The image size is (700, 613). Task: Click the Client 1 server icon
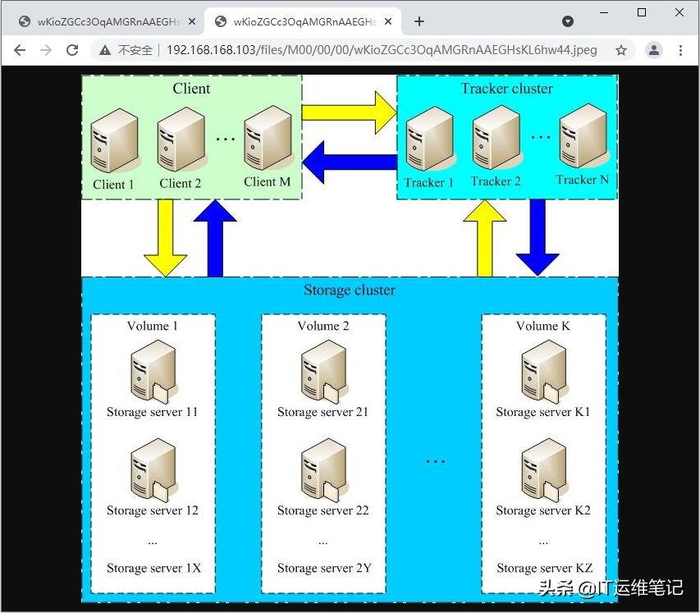click(x=115, y=140)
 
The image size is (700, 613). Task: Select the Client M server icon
click(x=268, y=138)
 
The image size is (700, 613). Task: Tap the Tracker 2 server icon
click(x=496, y=137)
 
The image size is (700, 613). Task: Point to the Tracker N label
click(x=582, y=180)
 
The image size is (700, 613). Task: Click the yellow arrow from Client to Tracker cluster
click(x=349, y=112)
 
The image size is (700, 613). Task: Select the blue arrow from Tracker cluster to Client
click(x=350, y=162)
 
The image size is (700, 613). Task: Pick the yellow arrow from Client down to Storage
click(x=166, y=238)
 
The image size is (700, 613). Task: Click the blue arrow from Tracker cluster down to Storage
click(x=538, y=238)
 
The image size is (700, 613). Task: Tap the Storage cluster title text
click(x=350, y=290)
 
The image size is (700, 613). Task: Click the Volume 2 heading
click(x=323, y=326)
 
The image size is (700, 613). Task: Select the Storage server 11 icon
click(x=153, y=371)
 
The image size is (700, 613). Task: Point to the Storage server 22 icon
click(x=323, y=469)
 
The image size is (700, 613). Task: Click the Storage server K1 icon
click(x=544, y=371)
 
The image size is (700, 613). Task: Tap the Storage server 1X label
click(x=153, y=568)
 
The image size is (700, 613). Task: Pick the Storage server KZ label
click(x=545, y=568)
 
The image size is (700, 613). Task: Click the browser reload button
click(x=72, y=50)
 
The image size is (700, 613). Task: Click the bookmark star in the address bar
click(x=621, y=50)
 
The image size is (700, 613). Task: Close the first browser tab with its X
click(x=192, y=21)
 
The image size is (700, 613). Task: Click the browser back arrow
click(x=20, y=50)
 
